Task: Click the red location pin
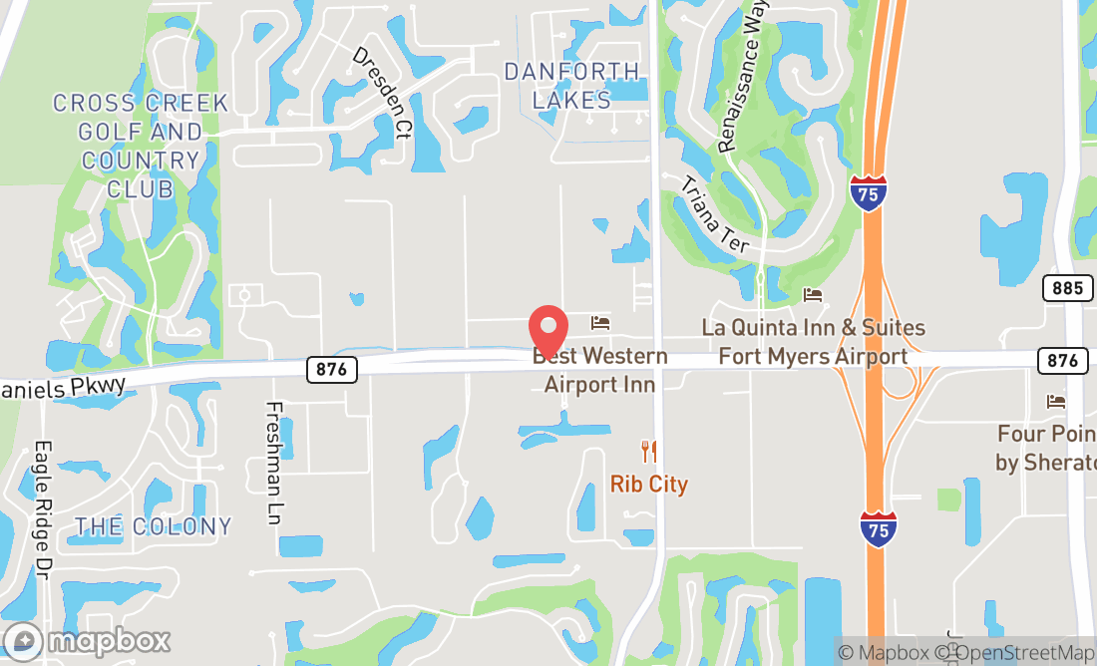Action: (548, 329)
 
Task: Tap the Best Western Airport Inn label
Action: (599, 370)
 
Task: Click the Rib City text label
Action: (649, 485)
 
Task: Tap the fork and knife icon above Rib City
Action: (649, 452)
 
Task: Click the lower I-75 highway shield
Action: (878, 527)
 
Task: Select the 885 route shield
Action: (1066, 289)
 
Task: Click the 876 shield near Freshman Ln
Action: (331, 369)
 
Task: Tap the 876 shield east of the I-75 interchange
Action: (1062, 360)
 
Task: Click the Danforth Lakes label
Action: (571, 86)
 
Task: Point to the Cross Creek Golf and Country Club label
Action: (141, 146)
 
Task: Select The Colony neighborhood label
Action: (153, 526)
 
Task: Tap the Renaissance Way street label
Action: (740, 91)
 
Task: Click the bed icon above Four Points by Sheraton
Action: (1056, 401)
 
